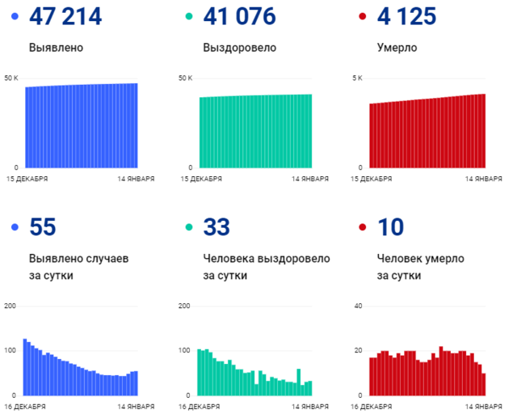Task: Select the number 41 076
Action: [x=240, y=17]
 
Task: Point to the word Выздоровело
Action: [x=239, y=48]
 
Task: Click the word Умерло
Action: [x=397, y=48]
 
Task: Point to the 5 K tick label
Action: [x=358, y=78]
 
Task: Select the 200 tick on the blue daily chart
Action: [x=11, y=306]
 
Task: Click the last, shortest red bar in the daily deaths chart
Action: [x=483, y=384]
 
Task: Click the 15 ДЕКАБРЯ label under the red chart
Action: [x=374, y=178]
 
